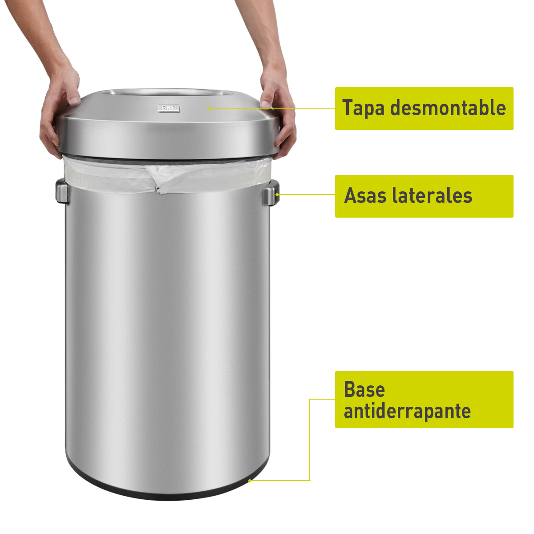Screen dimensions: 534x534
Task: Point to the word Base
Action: [364, 389]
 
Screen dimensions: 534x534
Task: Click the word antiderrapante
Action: [407, 411]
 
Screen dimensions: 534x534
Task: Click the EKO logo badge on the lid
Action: [169, 108]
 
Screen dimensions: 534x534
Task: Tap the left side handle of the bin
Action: [62, 192]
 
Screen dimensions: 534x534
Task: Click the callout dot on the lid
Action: [209, 108]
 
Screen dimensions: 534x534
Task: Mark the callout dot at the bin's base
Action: [250, 481]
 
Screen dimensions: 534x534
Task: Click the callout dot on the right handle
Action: [278, 194]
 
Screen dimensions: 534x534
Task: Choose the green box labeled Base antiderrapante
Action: [424, 400]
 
